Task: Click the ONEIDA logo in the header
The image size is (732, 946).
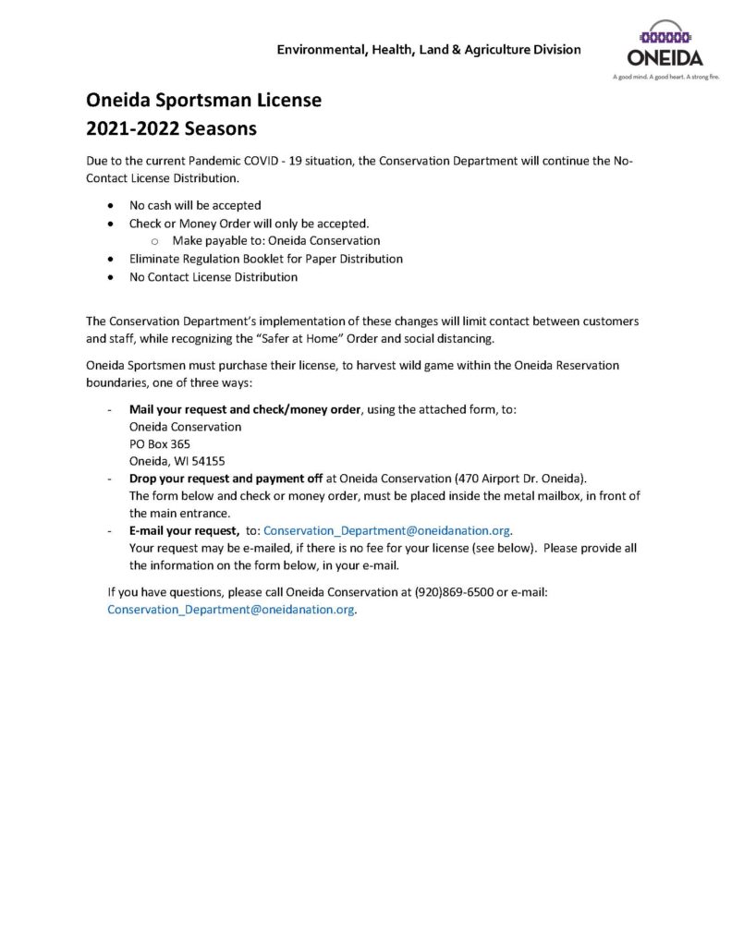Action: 665,45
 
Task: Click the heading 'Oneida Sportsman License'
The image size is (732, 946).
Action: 203,101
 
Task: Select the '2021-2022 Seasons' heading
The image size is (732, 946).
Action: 171,127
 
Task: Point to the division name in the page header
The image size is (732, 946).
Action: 429,49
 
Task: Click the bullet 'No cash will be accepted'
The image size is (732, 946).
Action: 195,205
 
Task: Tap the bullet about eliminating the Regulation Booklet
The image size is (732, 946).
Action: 265,259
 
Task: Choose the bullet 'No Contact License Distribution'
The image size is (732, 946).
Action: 213,276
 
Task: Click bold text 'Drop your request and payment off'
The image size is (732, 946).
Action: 226,479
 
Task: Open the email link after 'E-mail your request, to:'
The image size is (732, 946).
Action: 387,530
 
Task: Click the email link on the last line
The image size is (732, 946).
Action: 231,610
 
